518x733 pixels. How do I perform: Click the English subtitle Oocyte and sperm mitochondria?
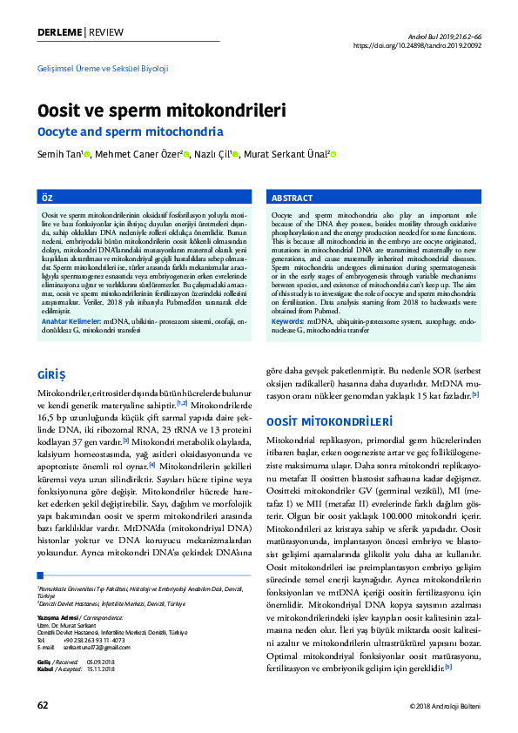pos(130,132)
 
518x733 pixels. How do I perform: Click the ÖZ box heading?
pos(48,198)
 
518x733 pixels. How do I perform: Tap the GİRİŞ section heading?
pos(50,374)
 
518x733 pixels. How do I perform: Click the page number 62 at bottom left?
pos(43,703)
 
